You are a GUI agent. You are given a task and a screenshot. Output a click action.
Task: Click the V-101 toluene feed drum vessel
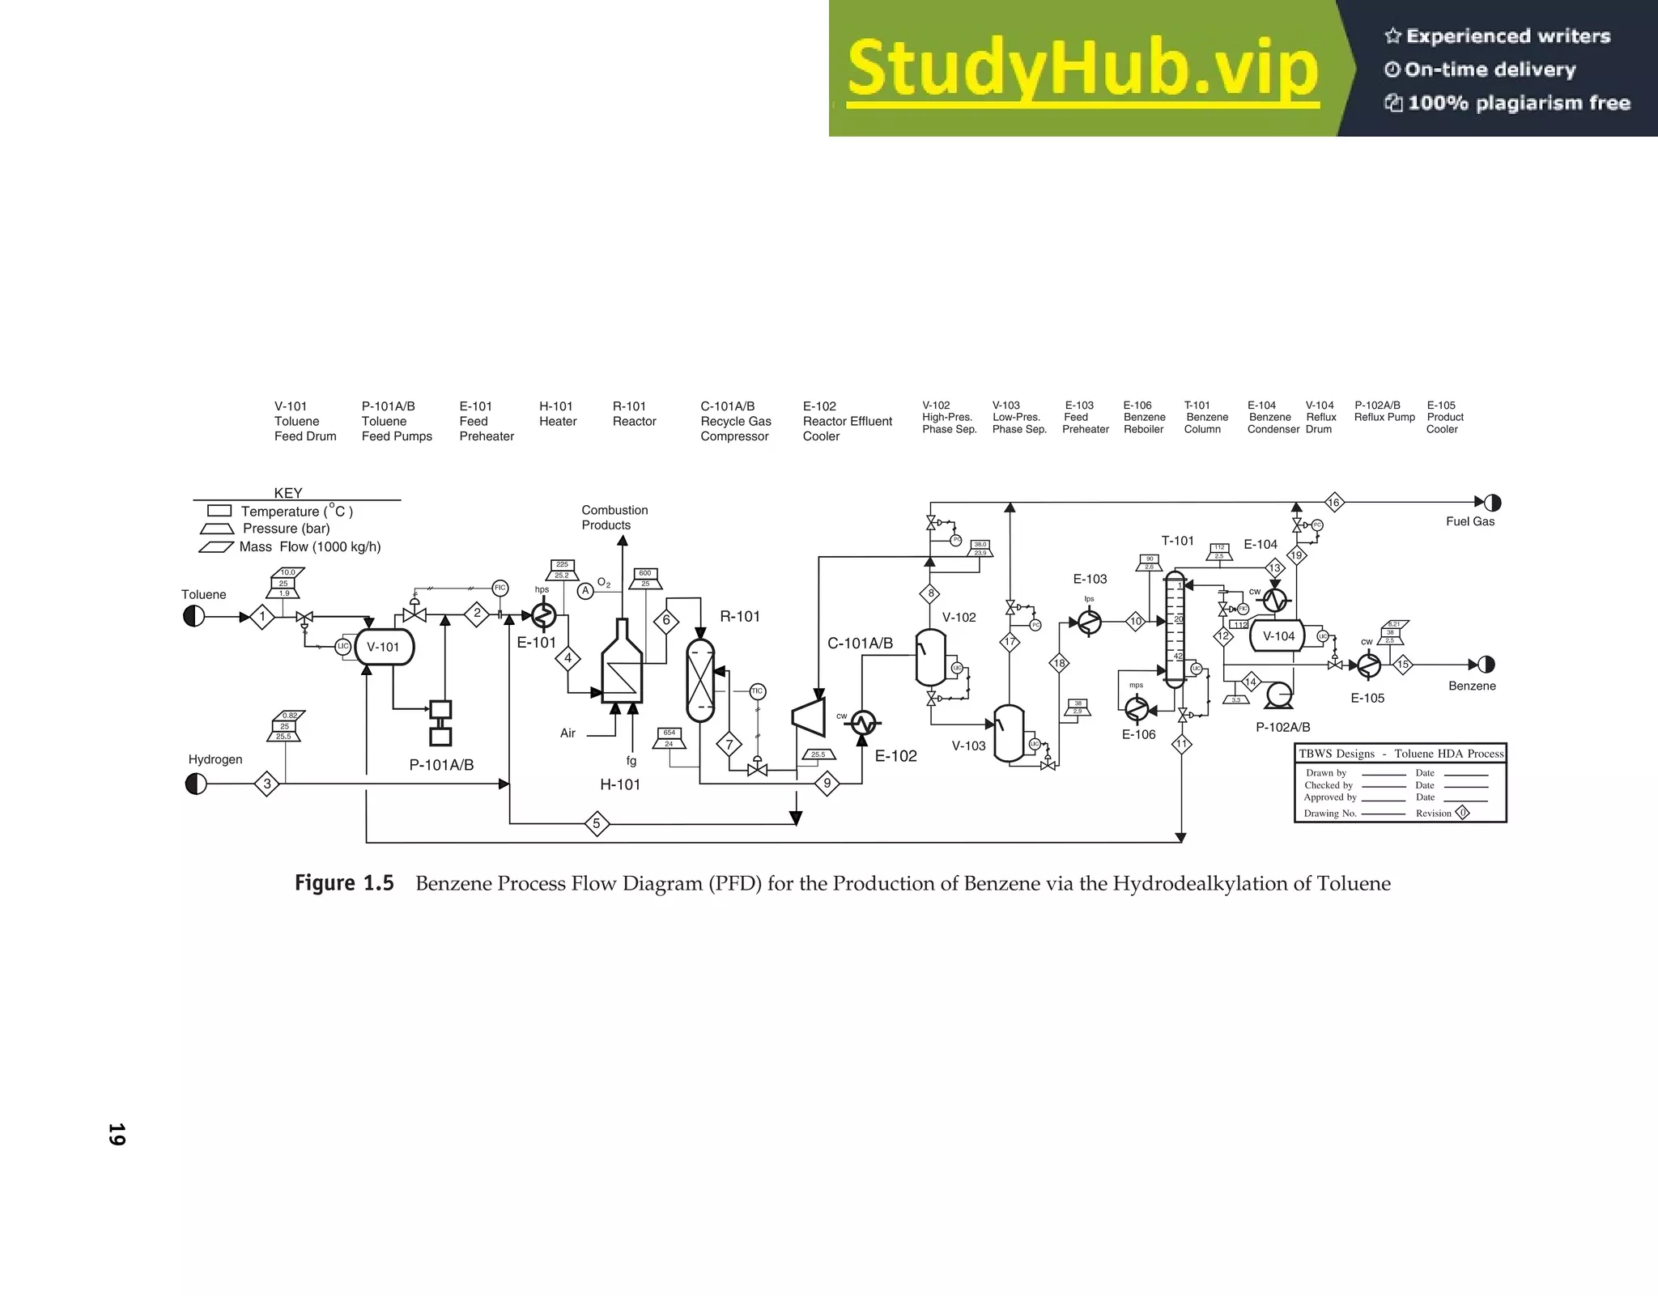[x=384, y=647]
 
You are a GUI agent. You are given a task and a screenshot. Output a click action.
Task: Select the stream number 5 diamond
[x=597, y=824]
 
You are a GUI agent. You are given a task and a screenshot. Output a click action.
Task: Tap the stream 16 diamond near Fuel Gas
[x=1333, y=503]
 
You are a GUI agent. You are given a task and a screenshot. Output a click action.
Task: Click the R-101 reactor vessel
[x=700, y=680]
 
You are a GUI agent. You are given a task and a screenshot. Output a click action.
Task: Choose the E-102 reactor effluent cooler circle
[x=863, y=722]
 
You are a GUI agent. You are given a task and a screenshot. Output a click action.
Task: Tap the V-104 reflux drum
[x=1278, y=636]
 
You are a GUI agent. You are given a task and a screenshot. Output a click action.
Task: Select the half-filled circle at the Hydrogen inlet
[x=196, y=784]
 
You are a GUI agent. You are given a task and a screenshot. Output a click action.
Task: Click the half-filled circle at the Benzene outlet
[x=1486, y=665]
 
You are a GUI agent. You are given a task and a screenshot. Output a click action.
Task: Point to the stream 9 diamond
[x=827, y=784]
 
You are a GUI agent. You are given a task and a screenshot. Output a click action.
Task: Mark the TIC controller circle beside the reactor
[x=757, y=691]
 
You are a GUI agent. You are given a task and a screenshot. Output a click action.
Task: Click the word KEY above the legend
[x=288, y=493]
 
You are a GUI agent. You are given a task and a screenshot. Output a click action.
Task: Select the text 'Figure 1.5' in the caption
[x=344, y=883]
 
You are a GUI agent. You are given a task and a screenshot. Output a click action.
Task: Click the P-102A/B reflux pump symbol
[x=1280, y=694]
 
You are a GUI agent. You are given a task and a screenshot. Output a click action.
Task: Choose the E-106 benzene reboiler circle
[x=1137, y=708]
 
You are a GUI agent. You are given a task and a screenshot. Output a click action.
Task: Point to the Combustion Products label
[x=614, y=517]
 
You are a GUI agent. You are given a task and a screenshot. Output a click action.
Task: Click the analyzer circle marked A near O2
[x=585, y=591]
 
